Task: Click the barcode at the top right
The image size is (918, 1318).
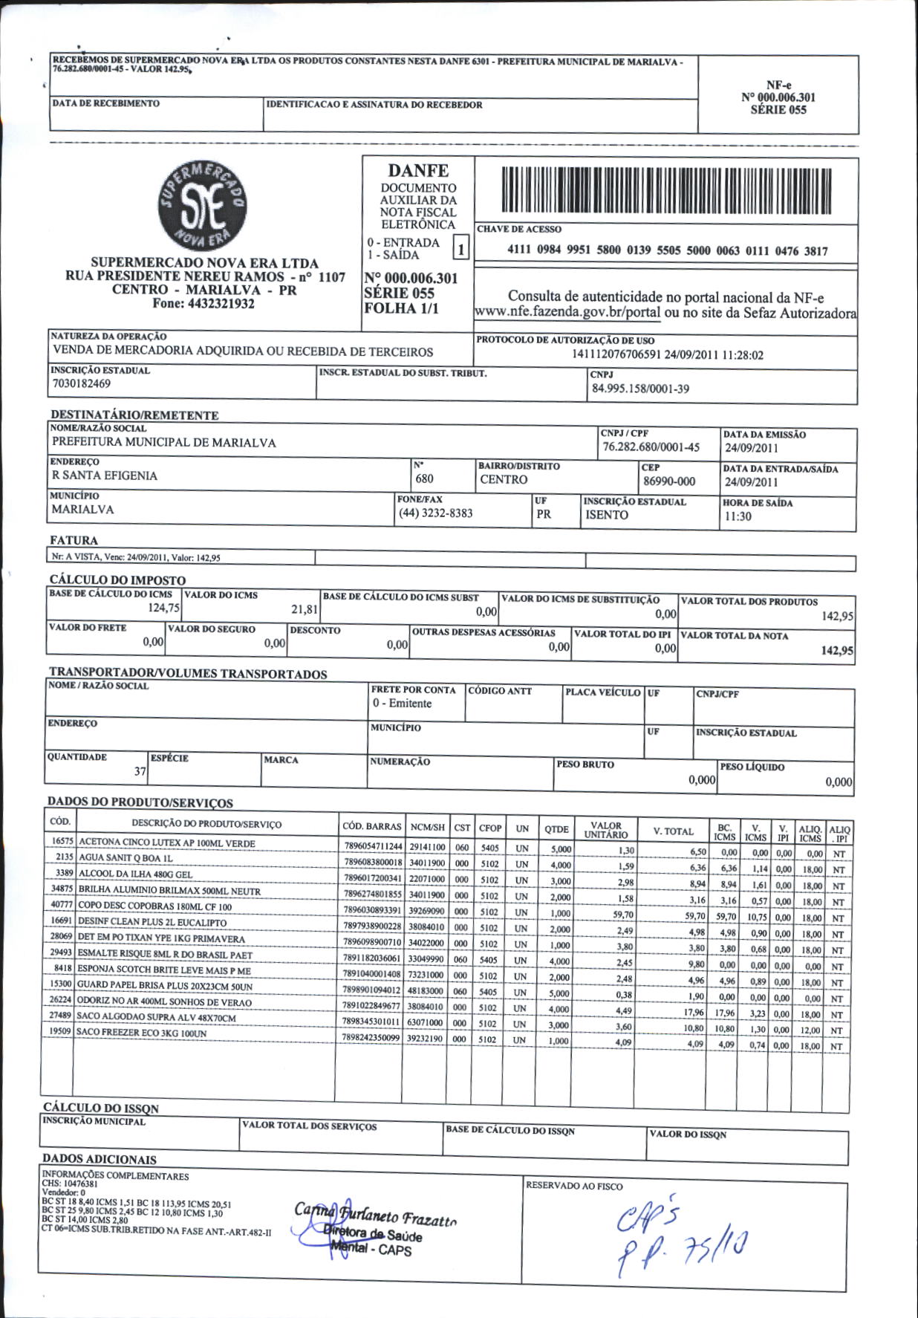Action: [666, 191]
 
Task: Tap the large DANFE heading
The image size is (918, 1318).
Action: [418, 171]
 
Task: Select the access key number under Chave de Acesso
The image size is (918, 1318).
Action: [667, 251]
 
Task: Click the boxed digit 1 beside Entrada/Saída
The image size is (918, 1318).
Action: [460, 249]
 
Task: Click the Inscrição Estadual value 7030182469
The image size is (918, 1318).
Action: [82, 384]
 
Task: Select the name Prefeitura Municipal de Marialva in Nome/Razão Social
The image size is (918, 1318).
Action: [163, 443]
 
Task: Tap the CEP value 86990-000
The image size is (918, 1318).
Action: [669, 481]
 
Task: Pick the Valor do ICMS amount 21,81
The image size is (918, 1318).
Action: [305, 610]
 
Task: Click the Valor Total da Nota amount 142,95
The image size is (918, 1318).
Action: [837, 651]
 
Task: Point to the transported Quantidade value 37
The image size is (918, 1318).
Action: [140, 771]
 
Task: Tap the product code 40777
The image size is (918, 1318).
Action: [61, 905]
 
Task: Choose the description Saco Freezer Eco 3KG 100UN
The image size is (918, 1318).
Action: [142, 1033]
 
